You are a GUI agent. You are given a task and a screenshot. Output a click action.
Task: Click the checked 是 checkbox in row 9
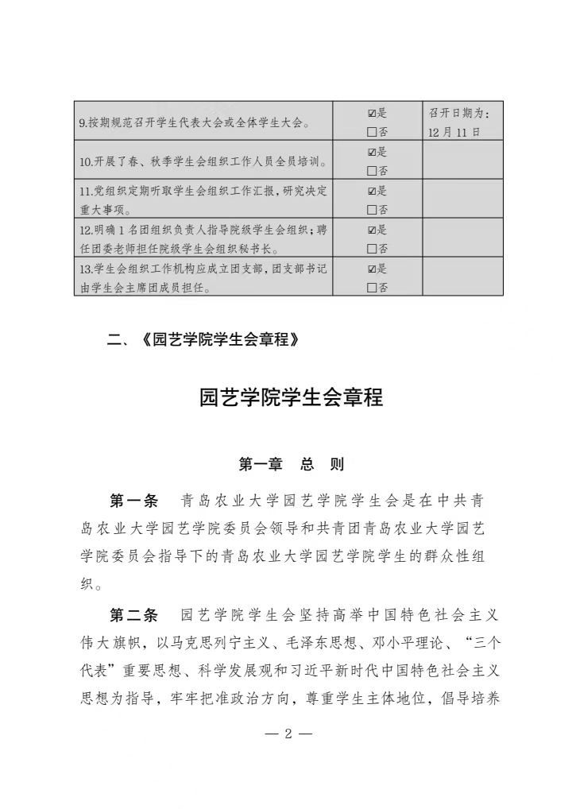(x=372, y=113)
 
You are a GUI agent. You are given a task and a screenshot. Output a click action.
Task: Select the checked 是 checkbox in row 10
(x=372, y=152)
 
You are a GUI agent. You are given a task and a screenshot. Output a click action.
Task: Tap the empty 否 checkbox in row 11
(x=372, y=210)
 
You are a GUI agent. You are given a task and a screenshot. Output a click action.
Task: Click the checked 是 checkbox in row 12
(x=372, y=230)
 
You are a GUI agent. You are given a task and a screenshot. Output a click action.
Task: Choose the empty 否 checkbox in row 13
(x=372, y=288)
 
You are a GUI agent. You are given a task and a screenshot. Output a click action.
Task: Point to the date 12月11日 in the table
(x=454, y=132)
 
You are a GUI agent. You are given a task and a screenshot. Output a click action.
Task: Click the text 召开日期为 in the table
(x=464, y=113)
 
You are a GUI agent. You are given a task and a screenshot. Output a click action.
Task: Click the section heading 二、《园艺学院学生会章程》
(x=206, y=341)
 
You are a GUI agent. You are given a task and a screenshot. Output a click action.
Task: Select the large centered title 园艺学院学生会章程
(x=291, y=397)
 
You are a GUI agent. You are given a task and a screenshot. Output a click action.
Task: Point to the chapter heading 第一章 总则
(x=291, y=464)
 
